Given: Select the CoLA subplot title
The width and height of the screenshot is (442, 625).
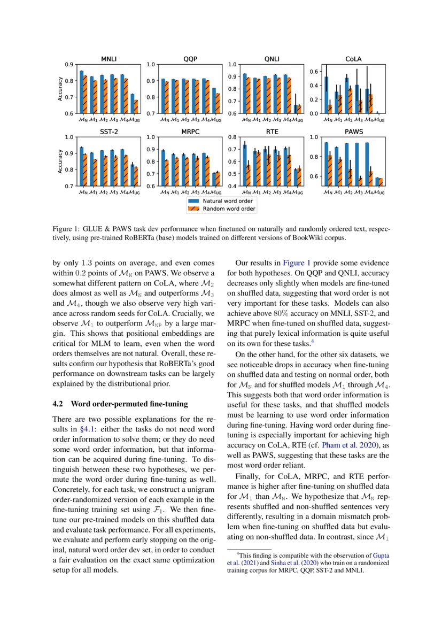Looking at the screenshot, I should point(353,59).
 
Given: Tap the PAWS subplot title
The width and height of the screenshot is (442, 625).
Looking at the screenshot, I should point(353,131).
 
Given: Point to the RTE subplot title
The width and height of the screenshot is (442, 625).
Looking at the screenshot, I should point(272,131).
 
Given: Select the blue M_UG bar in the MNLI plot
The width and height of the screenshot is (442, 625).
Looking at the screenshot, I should point(133,104).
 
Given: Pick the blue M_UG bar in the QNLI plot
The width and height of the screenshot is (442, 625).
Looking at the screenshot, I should point(296,109).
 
